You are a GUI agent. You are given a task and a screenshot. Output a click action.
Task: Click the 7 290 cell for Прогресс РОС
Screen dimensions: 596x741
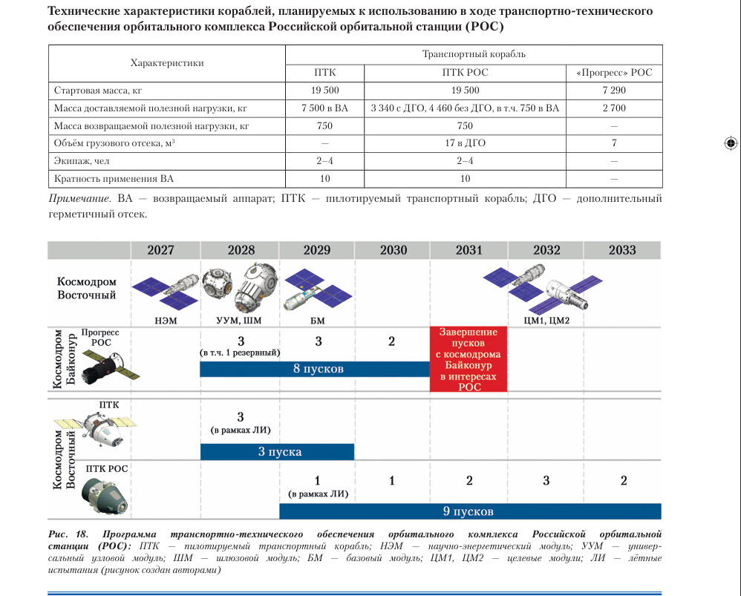(x=613, y=91)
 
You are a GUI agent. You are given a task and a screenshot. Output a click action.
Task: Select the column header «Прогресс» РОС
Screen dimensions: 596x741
(x=613, y=73)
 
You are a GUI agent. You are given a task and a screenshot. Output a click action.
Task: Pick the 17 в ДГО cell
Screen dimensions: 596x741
(x=465, y=143)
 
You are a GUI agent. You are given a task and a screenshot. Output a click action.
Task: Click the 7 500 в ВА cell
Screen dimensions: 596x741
(x=324, y=108)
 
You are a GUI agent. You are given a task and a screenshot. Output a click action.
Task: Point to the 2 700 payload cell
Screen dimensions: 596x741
(x=613, y=108)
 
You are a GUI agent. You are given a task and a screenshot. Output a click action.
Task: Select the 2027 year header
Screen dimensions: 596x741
(x=160, y=250)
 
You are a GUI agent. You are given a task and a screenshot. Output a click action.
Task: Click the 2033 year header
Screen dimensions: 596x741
(x=621, y=250)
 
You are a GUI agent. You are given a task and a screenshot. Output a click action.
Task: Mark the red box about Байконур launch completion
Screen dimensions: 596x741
(x=469, y=359)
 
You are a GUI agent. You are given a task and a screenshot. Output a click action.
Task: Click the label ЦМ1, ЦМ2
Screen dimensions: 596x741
(x=548, y=319)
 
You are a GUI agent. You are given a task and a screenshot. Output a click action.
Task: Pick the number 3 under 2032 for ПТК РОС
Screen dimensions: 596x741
(x=546, y=481)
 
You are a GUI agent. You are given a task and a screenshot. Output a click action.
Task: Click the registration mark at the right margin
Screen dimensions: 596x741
(x=729, y=143)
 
